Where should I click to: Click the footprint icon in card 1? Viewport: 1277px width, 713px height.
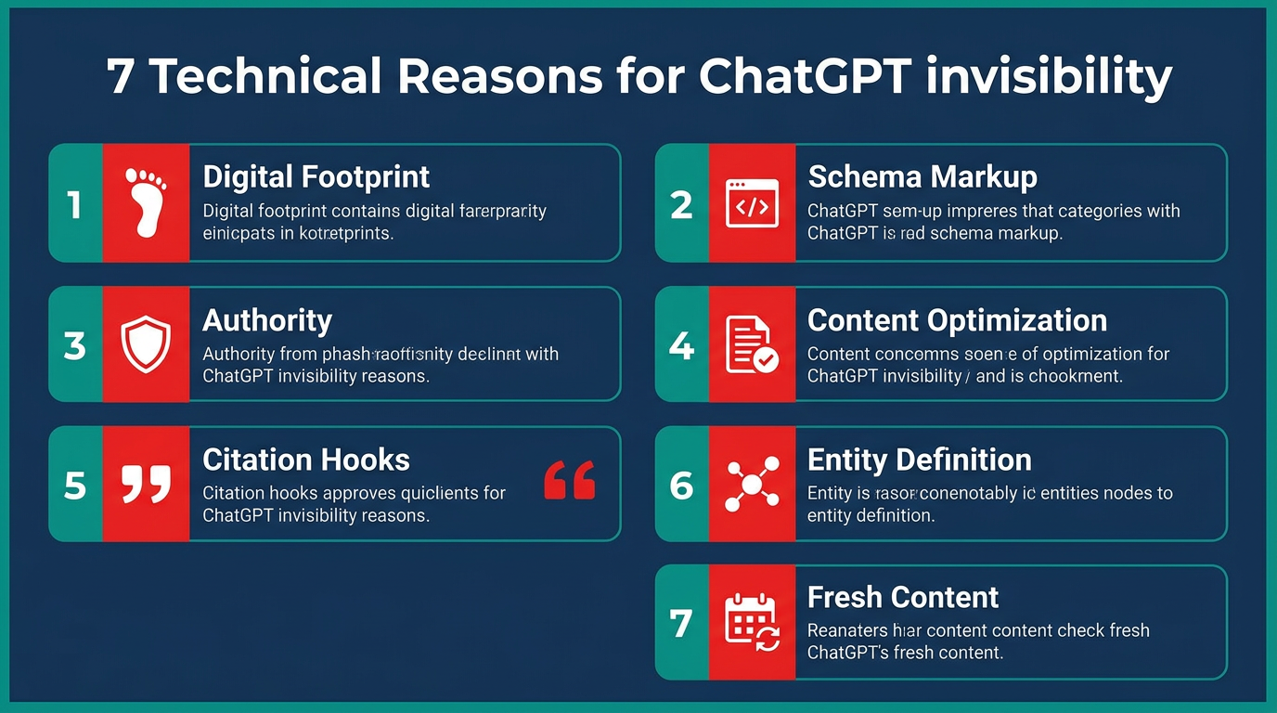point(146,202)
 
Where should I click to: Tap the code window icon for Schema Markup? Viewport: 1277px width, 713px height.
point(751,203)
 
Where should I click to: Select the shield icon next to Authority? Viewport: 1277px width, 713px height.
point(146,344)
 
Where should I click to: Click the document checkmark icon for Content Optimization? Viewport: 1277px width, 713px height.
point(751,344)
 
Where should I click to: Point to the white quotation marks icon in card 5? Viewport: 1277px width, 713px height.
point(146,484)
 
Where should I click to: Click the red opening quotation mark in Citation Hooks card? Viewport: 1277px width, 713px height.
point(569,479)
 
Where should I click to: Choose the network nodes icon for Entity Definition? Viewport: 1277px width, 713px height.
point(751,485)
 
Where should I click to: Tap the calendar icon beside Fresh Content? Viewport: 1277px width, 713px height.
point(751,622)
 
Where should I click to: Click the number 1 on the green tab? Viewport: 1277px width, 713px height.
point(75,204)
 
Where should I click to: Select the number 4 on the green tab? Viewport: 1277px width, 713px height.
point(681,345)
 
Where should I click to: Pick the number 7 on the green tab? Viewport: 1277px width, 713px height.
point(681,623)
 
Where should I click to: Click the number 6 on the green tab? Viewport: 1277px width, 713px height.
point(681,486)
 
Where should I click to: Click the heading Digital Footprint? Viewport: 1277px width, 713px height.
point(316,176)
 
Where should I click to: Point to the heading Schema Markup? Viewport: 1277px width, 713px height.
point(922,176)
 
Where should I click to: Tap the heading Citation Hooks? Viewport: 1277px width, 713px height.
point(305,460)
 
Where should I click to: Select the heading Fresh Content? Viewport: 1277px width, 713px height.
point(902,596)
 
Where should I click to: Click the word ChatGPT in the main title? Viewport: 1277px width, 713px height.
point(804,77)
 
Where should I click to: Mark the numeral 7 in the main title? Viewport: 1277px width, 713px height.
point(120,78)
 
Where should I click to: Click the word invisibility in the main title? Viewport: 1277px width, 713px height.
point(1049,77)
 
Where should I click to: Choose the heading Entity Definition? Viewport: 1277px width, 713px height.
point(919,460)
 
